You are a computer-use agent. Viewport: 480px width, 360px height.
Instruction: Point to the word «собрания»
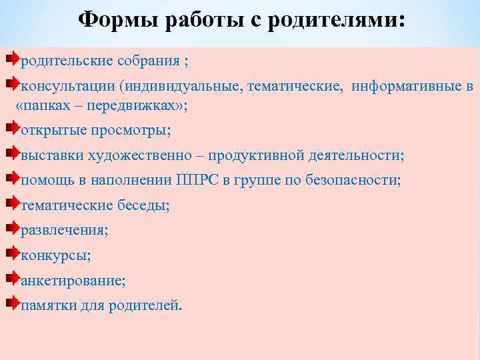[152, 62]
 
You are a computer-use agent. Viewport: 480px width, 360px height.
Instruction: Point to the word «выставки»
[53, 155]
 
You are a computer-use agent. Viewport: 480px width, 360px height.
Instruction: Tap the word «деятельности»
[356, 155]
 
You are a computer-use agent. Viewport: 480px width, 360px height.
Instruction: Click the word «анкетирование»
[73, 280]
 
